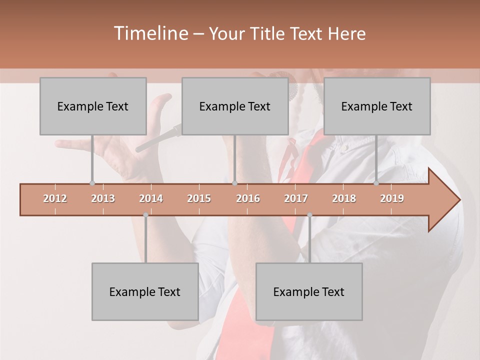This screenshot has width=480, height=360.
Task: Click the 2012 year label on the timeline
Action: click(x=55, y=199)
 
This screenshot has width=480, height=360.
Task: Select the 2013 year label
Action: click(x=103, y=199)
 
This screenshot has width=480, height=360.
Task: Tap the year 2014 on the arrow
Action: click(x=151, y=199)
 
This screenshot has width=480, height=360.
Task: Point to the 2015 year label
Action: click(x=199, y=199)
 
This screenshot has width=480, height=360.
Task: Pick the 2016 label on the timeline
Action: click(x=248, y=199)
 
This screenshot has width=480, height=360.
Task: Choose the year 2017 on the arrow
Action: click(x=296, y=199)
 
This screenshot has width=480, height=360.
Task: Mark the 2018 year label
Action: click(x=344, y=199)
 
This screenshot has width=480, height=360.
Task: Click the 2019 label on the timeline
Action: click(x=392, y=199)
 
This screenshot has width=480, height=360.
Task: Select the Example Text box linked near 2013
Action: click(x=93, y=106)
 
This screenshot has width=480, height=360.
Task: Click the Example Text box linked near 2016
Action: click(x=235, y=106)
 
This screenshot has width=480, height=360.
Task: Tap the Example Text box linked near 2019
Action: click(x=377, y=106)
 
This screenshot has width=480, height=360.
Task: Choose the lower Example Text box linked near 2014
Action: click(x=145, y=291)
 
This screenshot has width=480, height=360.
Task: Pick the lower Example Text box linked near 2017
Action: click(x=309, y=291)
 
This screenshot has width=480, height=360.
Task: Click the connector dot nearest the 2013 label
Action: click(x=92, y=183)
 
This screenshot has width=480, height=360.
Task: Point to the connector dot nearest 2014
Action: click(x=145, y=215)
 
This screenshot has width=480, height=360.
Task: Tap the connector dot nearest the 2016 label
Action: click(x=234, y=183)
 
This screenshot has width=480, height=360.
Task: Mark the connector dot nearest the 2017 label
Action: click(x=309, y=215)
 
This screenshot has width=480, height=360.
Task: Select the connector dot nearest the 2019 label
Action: click(x=376, y=183)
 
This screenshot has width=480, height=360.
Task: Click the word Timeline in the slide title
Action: click(x=150, y=33)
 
